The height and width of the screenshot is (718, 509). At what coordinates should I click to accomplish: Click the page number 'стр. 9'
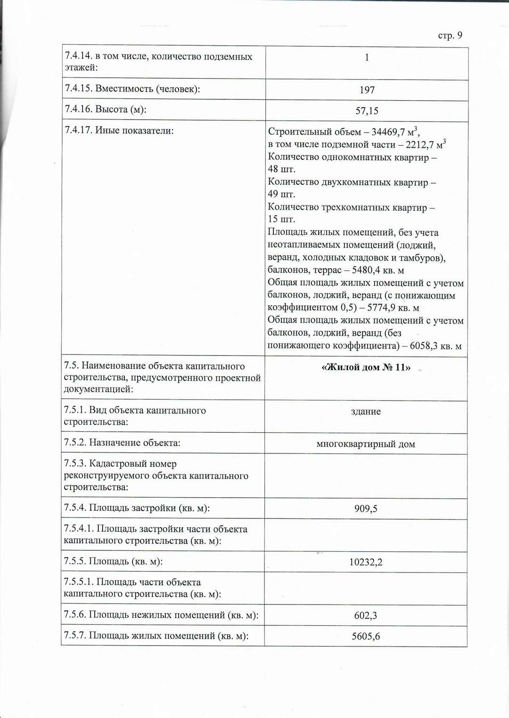pyautogui.click(x=450, y=36)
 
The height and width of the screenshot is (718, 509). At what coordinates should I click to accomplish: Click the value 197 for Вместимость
pyautogui.click(x=367, y=90)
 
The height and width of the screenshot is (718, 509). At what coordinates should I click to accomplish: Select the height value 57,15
pyautogui.click(x=367, y=111)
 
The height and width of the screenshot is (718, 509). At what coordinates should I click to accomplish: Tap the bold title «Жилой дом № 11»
pyautogui.click(x=366, y=368)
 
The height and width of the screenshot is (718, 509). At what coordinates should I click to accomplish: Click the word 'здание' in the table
pyautogui.click(x=366, y=411)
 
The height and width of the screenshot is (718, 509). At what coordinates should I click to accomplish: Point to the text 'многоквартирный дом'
pyautogui.click(x=366, y=444)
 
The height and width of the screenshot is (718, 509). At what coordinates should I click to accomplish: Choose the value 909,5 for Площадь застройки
pyautogui.click(x=366, y=508)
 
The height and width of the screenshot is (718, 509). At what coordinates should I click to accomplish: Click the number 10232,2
pyautogui.click(x=366, y=562)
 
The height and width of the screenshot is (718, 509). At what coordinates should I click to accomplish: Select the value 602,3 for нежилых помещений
pyautogui.click(x=366, y=615)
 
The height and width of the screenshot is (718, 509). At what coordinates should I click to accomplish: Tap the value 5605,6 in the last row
pyautogui.click(x=366, y=637)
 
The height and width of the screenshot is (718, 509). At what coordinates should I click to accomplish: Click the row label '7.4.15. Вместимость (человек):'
pyautogui.click(x=132, y=89)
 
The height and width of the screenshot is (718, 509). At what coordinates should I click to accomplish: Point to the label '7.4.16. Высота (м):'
pyautogui.click(x=106, y=110)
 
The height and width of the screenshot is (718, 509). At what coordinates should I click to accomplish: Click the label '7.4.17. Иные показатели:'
pyautogui.click(x=119, y=130)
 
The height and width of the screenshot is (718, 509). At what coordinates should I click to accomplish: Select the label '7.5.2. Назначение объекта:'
pyautogui.click(x=122, y=443)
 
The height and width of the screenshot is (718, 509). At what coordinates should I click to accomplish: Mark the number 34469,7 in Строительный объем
pyautogui.click(x=388, y=132)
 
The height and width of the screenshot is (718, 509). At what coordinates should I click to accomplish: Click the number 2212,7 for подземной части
pyautogui.click(x=419, y=145)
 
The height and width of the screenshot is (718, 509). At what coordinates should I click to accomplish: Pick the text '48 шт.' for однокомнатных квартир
pyautogui.click(x=281, y=169)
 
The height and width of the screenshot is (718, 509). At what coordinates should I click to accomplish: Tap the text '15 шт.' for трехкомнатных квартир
pyautogui.click(x=281, y=219)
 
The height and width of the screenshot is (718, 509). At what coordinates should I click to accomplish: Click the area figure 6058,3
pyautogui.click(x=423, y=346)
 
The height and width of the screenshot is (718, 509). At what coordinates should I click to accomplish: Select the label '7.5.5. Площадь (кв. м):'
pyautogui.click(x=113, y=561)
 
